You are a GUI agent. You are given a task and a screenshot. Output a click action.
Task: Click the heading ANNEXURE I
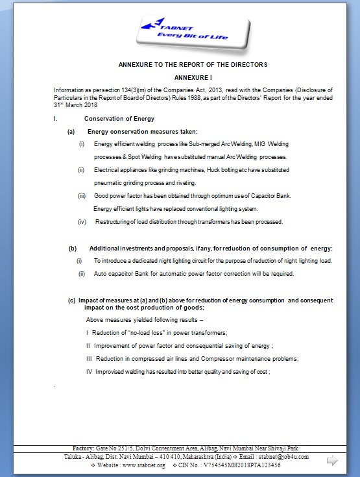[193, 77]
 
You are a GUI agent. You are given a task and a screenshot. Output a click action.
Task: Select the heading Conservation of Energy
[119, 119]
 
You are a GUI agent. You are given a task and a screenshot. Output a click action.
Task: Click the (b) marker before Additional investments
[73, 249]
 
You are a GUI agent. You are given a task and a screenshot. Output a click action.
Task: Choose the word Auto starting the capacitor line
[101, 274]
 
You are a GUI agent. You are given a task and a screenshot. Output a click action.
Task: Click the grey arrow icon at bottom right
[332, 460]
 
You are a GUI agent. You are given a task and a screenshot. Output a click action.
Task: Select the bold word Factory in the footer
[84, 448]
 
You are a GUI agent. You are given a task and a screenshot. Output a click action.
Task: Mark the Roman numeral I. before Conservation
[56, 119]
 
